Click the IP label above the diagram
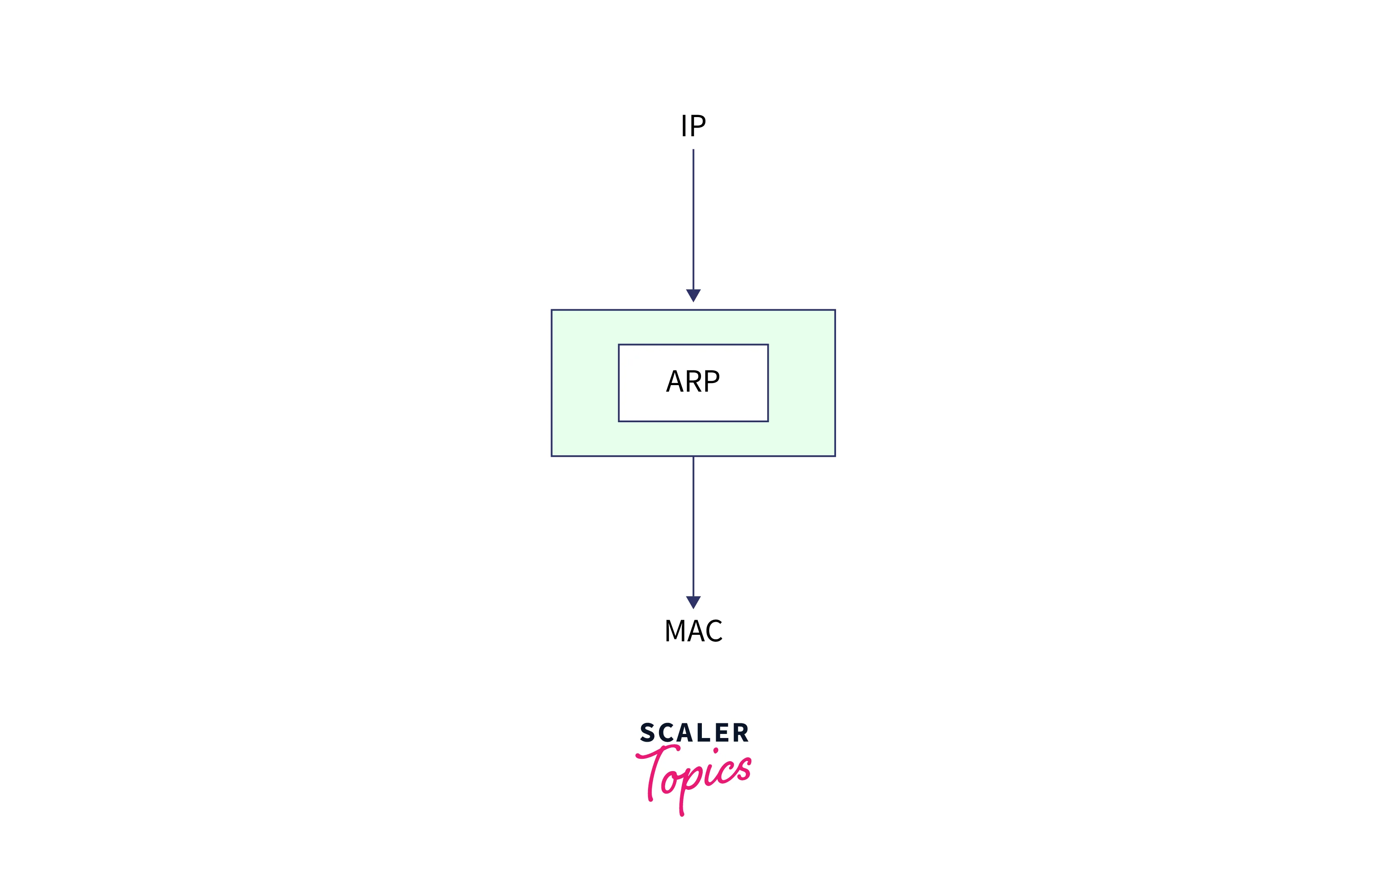pyautogui.click(x=693, y=126)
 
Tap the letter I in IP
pyautogui.click(x=684, y=126)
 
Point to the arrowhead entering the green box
pyautogui.click(x=693, y=295)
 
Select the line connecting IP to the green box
pyautogui.click(x=693, y=220)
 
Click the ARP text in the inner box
pyautogui.click(x=693, y=382)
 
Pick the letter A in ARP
pyautogui.click(x=675, y=382)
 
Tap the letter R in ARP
pyautogui.click(x=693, y=382)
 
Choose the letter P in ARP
pyautogui.click(x=711, y=382)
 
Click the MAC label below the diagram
pyautogui.click(x=693, y=631)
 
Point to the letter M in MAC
pyautogui.click(x=675, y=631)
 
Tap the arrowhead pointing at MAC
pyautogui.click(x=693, y=602)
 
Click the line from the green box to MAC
pyautogui.click(x=693, y=527)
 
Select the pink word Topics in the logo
pyautogui.click(x=694, y=775)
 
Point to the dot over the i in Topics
pyautogui.click(x=715, y=750)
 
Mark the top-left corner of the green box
pyautogui.click(x=552, y=310)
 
